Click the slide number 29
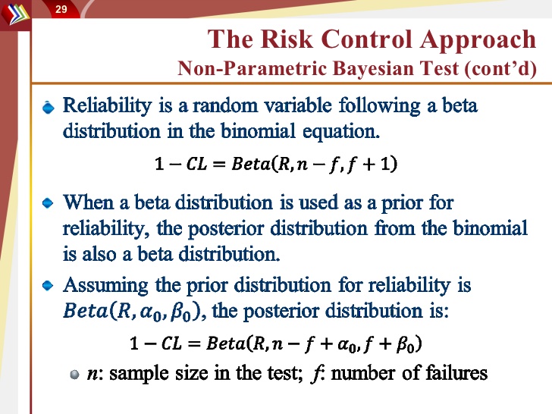[x=61, y=9]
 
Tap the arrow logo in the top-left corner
[x=15, y=14]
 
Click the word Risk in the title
[x=287, y=39]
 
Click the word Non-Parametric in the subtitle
[x=252, y=68]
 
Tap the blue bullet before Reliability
[x=49, y=107]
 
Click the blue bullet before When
[x=48, y=203]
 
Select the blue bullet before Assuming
[x=48, y=286]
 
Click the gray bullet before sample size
[x=74, y=375]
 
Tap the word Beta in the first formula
[x=251, y=164]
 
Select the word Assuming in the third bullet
[x=105, y=286]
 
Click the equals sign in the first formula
[x=219, y=165]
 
